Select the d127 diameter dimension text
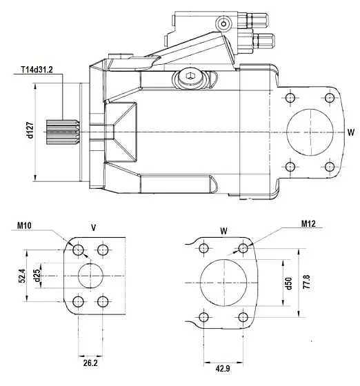click(30, 130)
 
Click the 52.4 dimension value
click(22, 276)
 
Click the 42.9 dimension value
click(222, 369)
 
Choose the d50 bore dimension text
click(289, 283)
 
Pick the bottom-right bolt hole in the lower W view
click(242, 317)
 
